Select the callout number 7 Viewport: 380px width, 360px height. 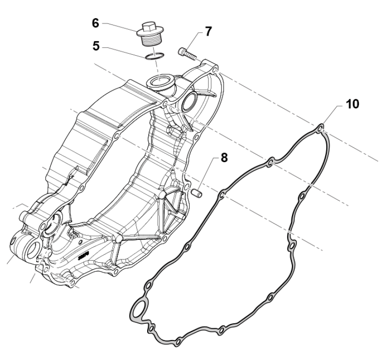pyautogui.click(x=209, y=32)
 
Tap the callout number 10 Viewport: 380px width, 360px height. pyautogui.click(x=353, y=104)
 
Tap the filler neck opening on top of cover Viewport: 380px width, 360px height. pyautogui.click(x=162, y=81)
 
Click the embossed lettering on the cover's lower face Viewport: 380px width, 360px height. pyautogui.click(x=84, y=254)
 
